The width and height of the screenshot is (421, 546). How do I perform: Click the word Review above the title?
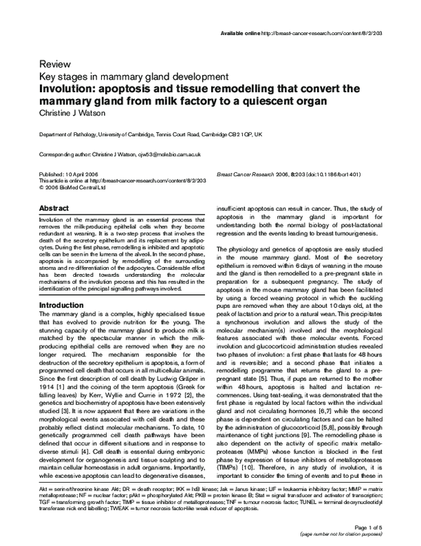55,63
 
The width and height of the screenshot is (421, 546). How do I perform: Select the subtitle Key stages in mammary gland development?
133,76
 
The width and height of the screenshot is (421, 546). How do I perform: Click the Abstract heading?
54,209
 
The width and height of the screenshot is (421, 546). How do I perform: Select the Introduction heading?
62,306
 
